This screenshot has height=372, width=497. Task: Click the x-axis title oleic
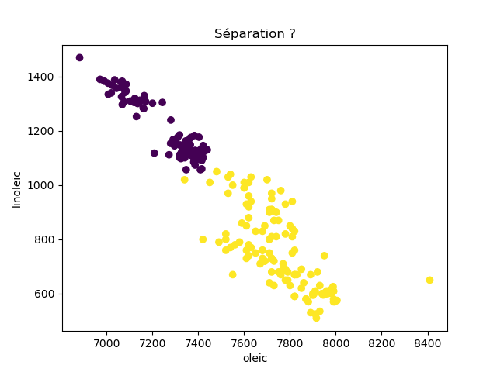click(255, 359)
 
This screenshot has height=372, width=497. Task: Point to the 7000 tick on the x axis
click(106, 342)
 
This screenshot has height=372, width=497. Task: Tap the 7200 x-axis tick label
click(152, 342)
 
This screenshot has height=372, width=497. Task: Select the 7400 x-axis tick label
click(198, 342)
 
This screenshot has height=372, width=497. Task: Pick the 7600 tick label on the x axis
click(244, 342)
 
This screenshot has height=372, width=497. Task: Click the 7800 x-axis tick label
click(290, 342)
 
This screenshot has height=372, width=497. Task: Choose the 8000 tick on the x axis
click(336, 342)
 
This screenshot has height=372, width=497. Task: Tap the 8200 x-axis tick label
click(382, 342)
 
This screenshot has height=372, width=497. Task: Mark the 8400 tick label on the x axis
click(428, 342)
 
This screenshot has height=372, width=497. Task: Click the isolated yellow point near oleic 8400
click(429, 280)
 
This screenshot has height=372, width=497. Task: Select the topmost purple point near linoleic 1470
click(79, 57)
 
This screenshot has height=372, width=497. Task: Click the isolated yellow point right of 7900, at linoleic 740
click(325, 256)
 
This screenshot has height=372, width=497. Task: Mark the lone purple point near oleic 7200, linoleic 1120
click(155, 153)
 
